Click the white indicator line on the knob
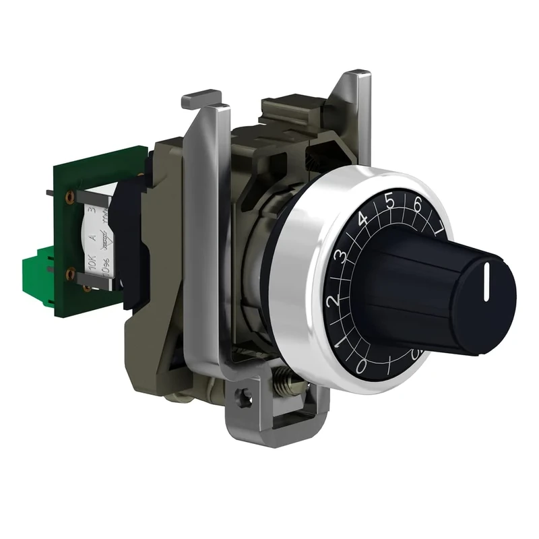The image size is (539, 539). [x=484, y=282]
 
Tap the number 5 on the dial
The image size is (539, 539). [x=389, y=200]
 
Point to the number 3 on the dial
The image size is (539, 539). [x=342, y=256]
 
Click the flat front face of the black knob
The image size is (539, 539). [x=484, y=296]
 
